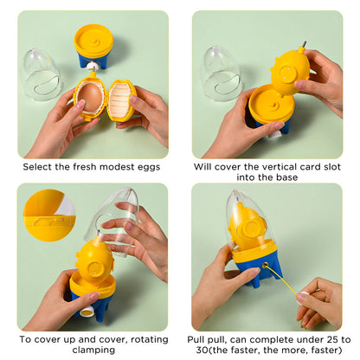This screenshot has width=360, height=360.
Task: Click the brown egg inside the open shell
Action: (x=90, y=99)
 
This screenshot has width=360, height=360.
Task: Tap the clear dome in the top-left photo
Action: (x=41, y=74)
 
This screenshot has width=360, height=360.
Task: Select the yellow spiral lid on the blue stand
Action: (x=93, y=40)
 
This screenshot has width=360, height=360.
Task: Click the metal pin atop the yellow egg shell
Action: (x=304, y=42)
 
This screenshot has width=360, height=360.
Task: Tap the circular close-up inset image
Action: (x=48, y=215)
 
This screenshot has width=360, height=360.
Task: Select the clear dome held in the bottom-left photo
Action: (x=117, y=221)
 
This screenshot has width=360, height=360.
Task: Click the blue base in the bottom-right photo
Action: (x=259, y=267)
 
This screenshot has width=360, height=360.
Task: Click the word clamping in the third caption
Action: (x=90, y=350)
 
